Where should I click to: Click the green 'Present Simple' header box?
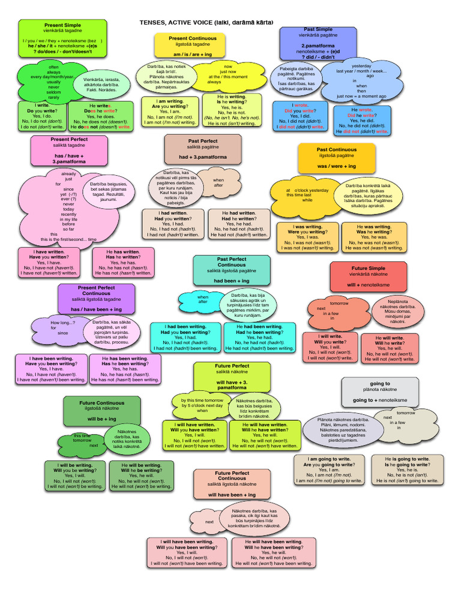62,38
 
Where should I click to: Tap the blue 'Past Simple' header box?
318,43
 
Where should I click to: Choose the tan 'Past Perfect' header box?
203,149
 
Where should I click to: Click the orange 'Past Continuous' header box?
336,158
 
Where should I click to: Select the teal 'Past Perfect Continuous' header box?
231,270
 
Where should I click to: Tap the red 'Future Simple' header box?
369,276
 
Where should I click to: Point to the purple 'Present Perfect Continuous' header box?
96,299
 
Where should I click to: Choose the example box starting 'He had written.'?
238,224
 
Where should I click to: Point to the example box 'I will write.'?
330,348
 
